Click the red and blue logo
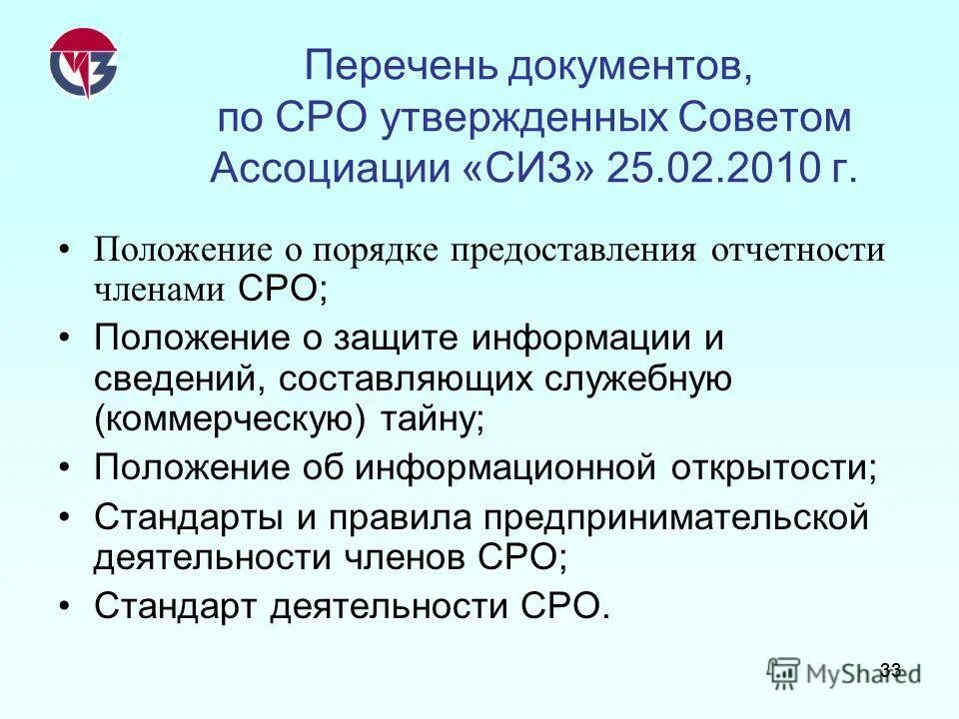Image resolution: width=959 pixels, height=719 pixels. [82, 65]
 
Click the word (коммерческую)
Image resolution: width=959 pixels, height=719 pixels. [231, 418]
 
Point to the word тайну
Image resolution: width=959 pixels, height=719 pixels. [430, 418]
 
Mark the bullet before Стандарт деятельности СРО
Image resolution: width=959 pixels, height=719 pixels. [65, 605]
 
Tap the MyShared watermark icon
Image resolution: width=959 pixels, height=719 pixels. [784, 671]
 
